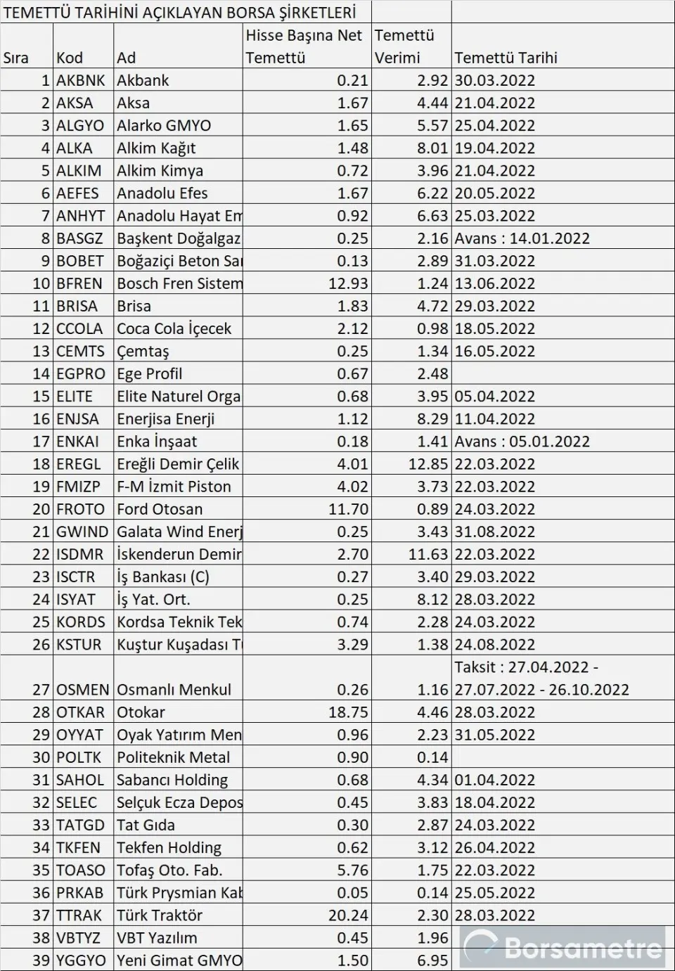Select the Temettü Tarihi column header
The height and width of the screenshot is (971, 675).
[x=506, y=58]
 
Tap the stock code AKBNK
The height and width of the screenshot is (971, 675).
[x=80, y=80]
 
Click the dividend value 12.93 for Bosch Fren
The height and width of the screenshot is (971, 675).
[x=348, y=283]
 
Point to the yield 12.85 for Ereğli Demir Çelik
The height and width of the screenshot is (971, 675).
[x=428, y=464]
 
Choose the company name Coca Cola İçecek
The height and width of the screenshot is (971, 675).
[x=174, y=328]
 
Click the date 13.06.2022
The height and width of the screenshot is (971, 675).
[x=494, y=283]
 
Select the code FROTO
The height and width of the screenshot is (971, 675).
[x=80, y=509]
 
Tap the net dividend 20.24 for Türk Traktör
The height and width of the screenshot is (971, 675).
[x=348, y=915]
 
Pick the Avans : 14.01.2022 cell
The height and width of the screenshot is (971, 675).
[x=522, y=238]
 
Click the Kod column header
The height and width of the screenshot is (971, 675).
[x=70, y=58]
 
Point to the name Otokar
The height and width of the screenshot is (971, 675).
[x=141, y=712]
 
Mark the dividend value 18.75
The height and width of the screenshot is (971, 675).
[x=348, y=712]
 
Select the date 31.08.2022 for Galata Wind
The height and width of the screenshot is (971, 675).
[x=494, y=532]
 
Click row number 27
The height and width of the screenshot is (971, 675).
[x=41, y=690]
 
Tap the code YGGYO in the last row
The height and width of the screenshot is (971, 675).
[x=81, y=960]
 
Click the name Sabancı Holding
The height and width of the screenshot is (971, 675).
[x=172, y=780]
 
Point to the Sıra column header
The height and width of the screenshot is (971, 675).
[x=16, y=58]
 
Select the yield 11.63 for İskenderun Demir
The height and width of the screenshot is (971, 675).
[x=428, y=554]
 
